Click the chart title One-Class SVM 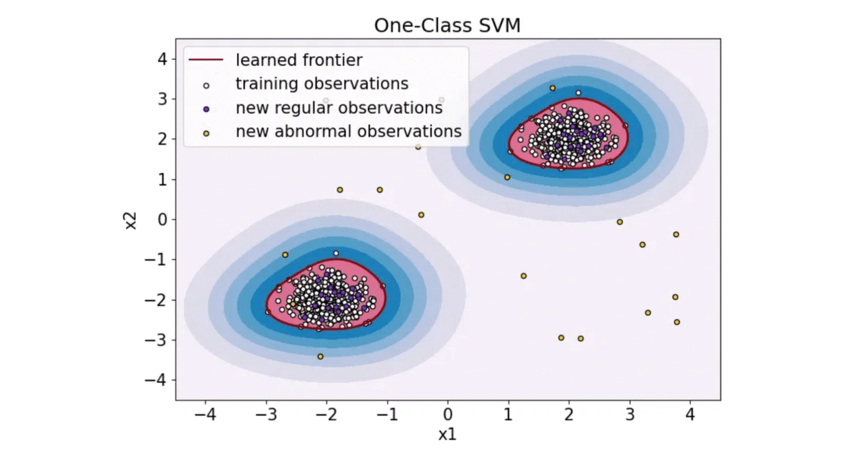[448, 25]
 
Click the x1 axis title [448, 435]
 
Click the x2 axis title [133, 219]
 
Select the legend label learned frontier [298, 60]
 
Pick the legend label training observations [321, 84]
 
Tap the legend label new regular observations [339, 108]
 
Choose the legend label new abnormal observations [348, 131]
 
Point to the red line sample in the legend [206, 61]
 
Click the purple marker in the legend [207, 109]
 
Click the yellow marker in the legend [207, 132]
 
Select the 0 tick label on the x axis [448, 413]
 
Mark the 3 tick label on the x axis [629, 413]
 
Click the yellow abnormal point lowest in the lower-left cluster [320, 357]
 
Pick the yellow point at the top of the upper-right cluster [552, 88]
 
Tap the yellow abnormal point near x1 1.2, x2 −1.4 [523, 276]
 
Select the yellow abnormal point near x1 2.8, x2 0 [620, 222]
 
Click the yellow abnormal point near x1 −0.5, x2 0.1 [421, 215]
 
